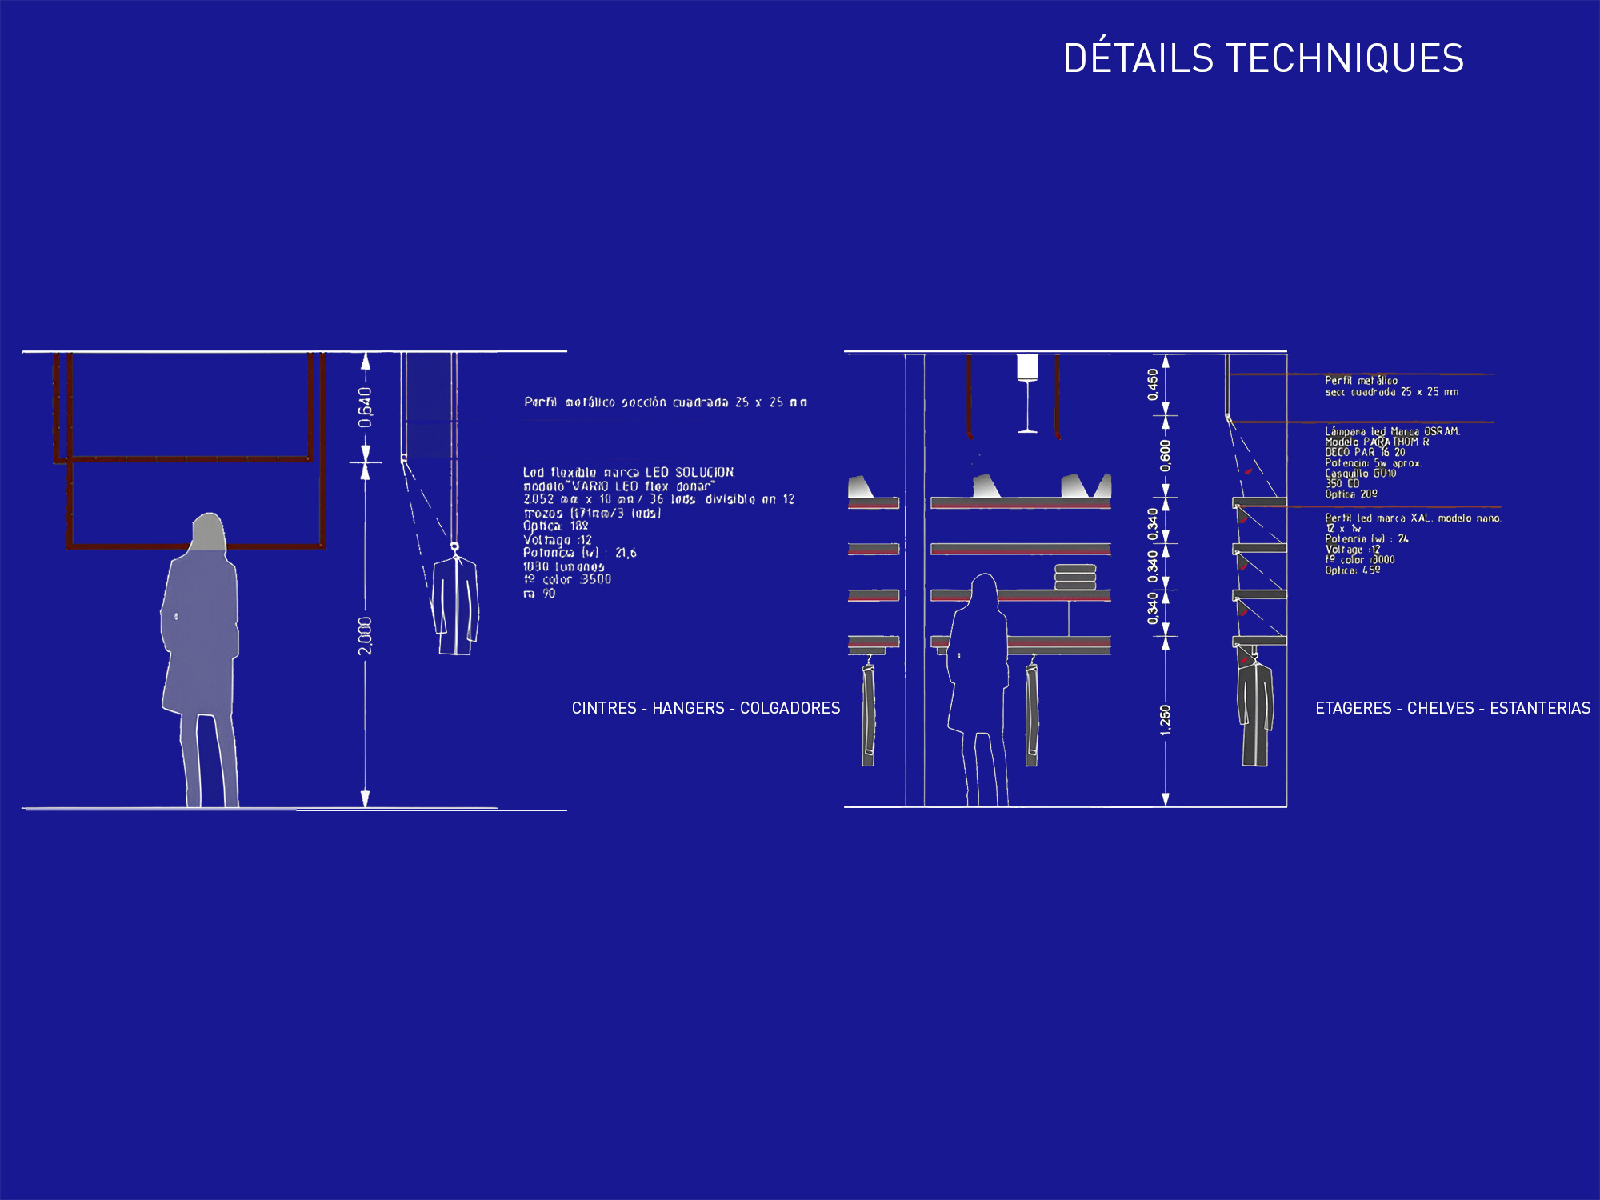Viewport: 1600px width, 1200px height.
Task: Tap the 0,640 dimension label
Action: (365, 406)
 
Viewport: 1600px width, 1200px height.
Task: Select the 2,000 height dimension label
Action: (365, 635)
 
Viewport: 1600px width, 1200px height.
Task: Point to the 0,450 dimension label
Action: (1153, 385)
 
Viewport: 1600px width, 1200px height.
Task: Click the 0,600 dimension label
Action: (1165, 456)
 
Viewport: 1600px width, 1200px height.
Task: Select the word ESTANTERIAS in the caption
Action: (1540, 708)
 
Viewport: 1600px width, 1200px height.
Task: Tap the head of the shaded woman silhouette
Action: (209, 531)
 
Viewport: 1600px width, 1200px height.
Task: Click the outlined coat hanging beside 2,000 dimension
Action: (456, 604)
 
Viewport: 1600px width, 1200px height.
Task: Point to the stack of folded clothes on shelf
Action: (1075, 577)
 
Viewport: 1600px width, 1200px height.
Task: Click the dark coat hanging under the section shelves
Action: (1254, 712)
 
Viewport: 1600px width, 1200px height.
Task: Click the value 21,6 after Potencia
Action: (626, 553)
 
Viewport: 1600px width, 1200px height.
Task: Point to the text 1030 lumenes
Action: (563, 566)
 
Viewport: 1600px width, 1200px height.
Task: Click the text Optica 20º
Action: (1351, 494)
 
